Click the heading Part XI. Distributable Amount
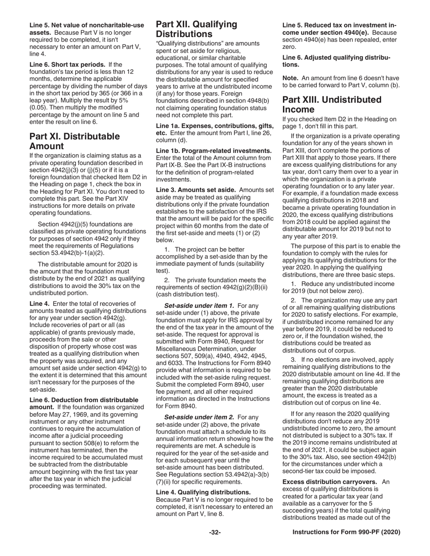point(75,141)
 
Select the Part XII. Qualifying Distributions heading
point(196,29)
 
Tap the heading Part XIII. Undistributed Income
point(332,104)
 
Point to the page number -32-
point(215,532)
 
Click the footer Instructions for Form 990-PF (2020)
point(346,532)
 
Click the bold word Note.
point(290,79)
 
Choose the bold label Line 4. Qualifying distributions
point(203,492)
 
